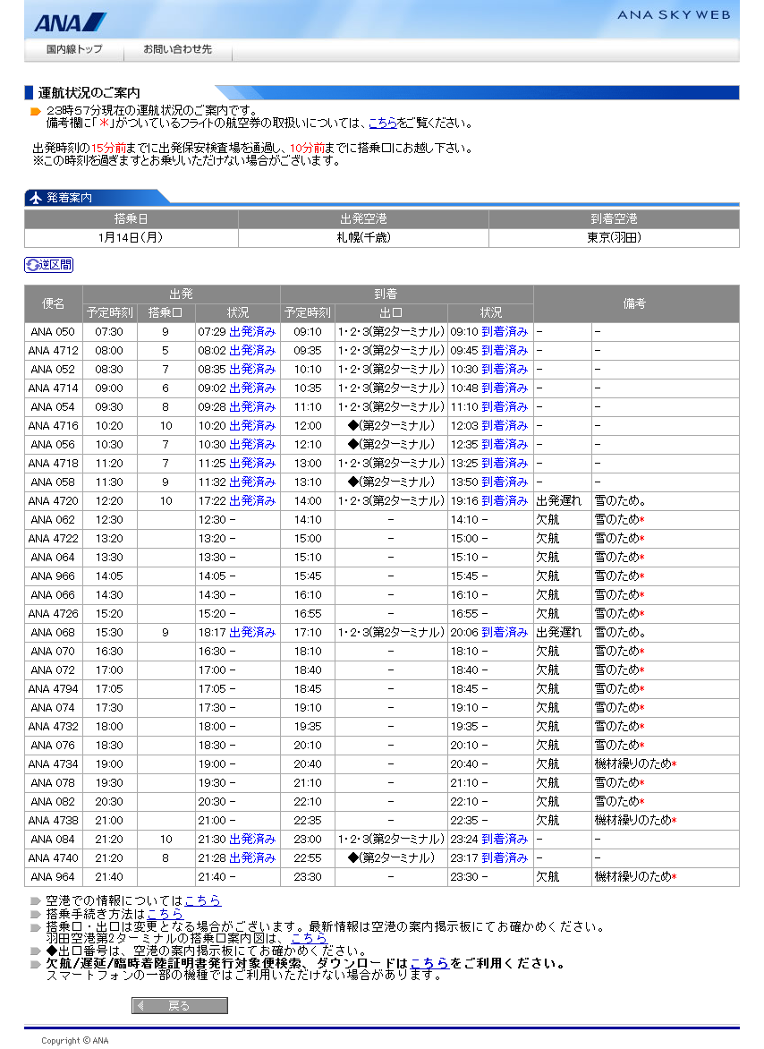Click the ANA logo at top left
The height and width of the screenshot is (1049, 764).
[x=70, y=21]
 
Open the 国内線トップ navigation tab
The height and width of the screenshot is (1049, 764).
[x=74, y=49]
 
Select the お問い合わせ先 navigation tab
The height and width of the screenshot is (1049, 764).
[x=177, y=49]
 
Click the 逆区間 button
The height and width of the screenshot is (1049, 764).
[x=48, y=265]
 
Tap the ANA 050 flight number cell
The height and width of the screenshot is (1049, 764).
[x=53, y=332]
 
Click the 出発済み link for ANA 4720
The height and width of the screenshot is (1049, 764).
[x=252, y=501]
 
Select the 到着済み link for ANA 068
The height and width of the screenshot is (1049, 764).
[x=505, y=633]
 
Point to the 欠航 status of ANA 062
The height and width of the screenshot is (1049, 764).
[x=548, y=520]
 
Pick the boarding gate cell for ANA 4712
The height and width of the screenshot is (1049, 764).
[x=166, y=351]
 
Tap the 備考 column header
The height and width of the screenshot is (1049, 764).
[x=634, y=303]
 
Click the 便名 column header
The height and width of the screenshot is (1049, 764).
[x=54, y=303]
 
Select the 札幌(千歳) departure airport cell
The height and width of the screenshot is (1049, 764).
[x=363, y=238]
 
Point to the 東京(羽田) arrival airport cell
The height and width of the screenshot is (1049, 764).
[x=614, y=238]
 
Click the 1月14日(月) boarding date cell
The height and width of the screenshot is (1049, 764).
[x=131, y=238]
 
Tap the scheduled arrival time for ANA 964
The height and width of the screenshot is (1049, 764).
[x=307, y=877]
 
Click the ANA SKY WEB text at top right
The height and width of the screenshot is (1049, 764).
[x=673, y=14]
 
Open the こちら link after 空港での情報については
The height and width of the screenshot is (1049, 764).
[x=203, y=901]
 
